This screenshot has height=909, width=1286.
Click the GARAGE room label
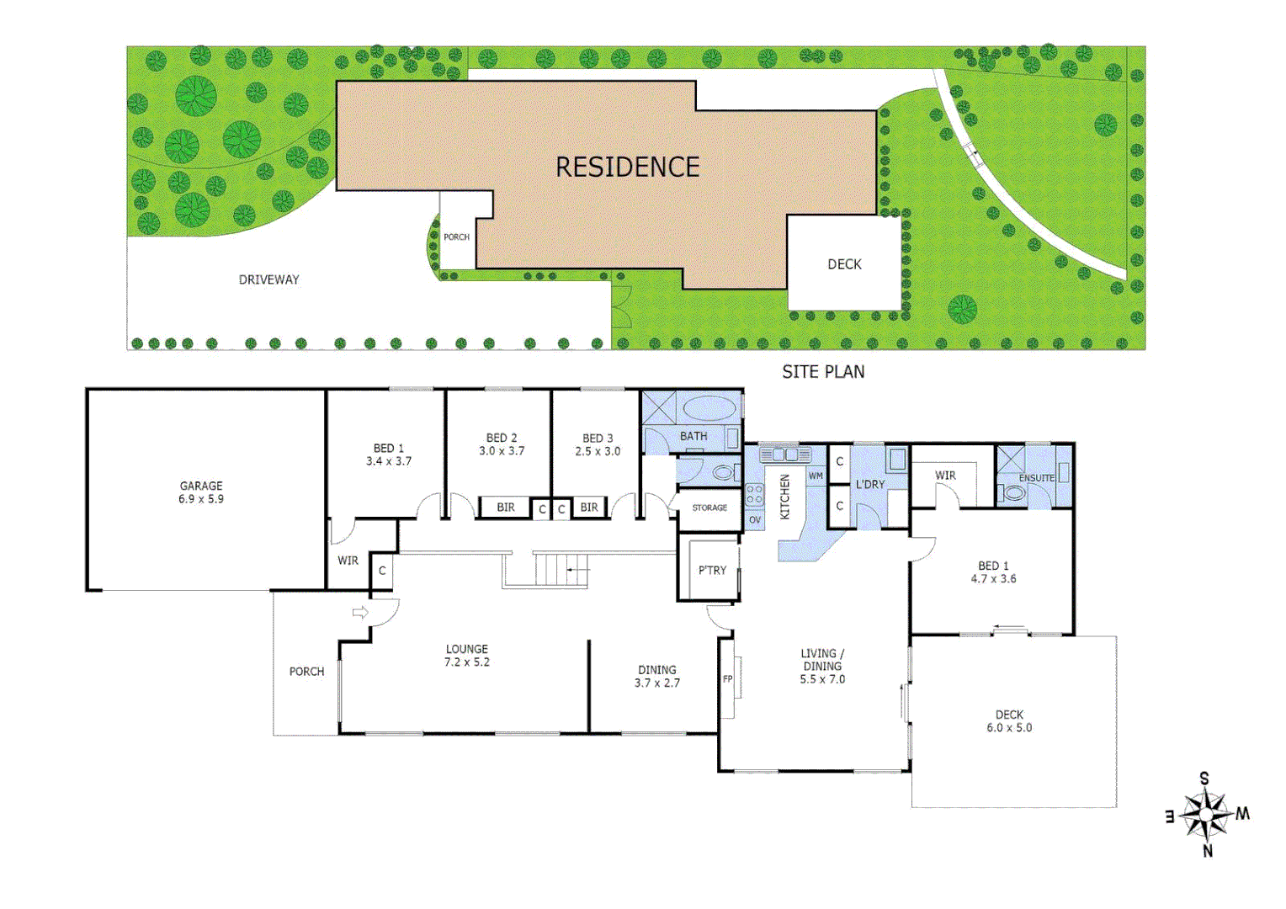pos(201,492)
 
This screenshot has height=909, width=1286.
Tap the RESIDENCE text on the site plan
pos(627,167)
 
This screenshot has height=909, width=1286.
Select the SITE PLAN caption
pos(822,372)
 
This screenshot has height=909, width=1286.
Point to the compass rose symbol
pos(1207,815)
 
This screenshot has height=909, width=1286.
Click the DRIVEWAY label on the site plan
pos(268,279)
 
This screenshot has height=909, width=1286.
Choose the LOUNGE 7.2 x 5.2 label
pos(467,656)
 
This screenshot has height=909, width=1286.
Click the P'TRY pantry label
pos(712,570)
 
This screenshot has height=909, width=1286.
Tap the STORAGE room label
pos(709,508)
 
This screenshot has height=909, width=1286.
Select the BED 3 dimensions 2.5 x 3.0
pos(598,451)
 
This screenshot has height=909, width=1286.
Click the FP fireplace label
pos(728,679)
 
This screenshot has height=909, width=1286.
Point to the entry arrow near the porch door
pos(360,613)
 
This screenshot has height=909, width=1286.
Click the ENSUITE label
pos(1036,478)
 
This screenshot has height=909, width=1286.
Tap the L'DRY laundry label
pos(870,485)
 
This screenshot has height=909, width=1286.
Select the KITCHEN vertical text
pos(785,497)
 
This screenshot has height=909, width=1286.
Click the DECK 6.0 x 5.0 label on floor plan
pos(1009,721)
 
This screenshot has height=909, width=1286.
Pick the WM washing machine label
pos(816,476)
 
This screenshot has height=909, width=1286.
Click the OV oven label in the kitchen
pos(755,520)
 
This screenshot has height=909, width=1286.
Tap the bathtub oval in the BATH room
pos(709,409)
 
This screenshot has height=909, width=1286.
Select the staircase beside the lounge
pos(555,570)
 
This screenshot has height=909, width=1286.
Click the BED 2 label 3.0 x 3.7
pos(502,444)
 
